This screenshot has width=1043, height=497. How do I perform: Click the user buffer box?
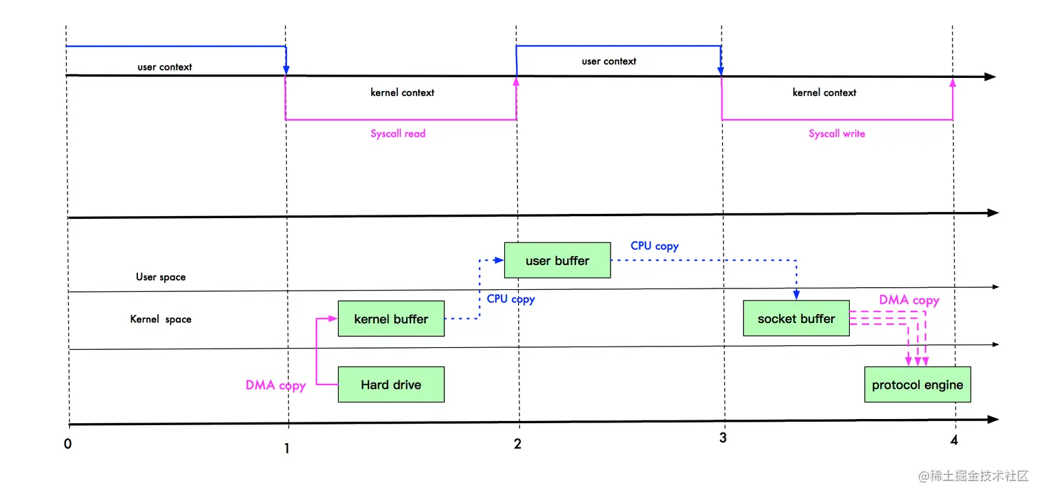[x=557, y=260]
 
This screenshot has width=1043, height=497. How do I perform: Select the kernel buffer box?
[x=391, y=319]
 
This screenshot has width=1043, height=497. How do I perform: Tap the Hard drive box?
[x=391, y=384]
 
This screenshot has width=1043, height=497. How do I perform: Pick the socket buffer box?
[x=796, y=318]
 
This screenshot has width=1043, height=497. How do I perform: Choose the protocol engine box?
[x=917, y=384]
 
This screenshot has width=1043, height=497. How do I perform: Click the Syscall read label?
[x=398, y=134]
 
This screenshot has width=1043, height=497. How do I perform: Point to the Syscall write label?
[x=837, y=134]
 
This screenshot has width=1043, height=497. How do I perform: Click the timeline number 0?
[x=68, y=444]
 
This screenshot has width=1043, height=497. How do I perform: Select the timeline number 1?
[x=287, y=449]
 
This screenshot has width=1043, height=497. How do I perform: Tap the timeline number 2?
[x=517, y=444]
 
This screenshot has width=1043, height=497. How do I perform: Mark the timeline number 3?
[x=723, y=438]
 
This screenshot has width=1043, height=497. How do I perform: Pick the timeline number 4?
[x=954, y=440]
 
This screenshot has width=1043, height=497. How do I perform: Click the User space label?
[x=161, y=277]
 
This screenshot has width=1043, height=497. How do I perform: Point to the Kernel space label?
[x=161, y=319]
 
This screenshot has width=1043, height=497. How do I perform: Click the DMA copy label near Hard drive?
[x=276, y=385]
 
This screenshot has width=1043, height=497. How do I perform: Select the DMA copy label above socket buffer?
[x=909, y=300]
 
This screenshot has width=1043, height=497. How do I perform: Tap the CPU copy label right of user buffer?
[x=654, y=246]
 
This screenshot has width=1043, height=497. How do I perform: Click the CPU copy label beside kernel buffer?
[x=510, y=299]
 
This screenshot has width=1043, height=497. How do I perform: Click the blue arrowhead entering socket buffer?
[x=796, y=294]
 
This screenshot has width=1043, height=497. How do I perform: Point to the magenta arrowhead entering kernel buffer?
[x=332, y=319]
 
